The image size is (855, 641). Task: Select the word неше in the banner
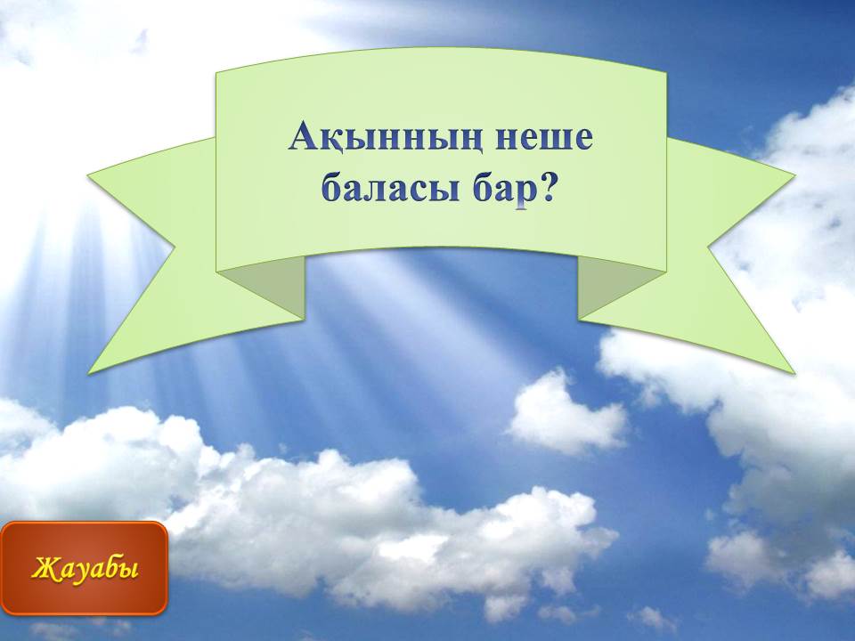click(544, 140)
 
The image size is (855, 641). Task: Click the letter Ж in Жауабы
click(45, 568)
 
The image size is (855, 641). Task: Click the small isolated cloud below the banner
click(567, 414)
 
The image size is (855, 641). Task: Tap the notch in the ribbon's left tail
click(175, 247)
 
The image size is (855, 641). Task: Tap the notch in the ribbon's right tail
click(708, 247)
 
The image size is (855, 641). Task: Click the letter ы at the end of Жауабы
click(127, 570)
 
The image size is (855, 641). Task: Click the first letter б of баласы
click(332, 188)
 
